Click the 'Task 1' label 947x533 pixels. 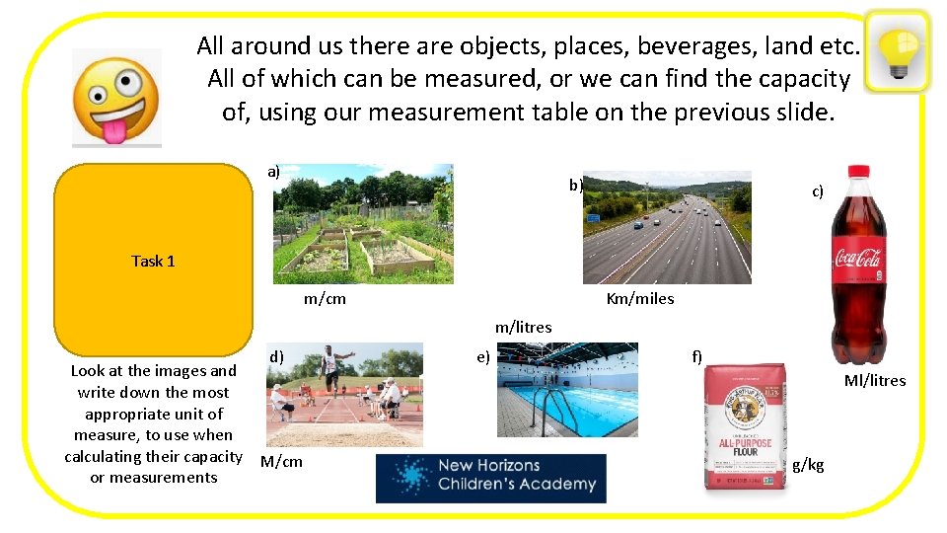[x=153, y=261]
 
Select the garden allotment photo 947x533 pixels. [x=362, y=224]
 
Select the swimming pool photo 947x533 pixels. [x=568, y=390]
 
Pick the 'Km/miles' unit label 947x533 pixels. [x=640, y=298]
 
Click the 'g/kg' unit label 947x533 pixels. [x=808, y=465]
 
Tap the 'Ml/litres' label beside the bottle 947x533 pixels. [x=874, y=380]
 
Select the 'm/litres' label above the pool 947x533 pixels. [x=523, y=327]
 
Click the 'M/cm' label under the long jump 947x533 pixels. [x=281, y=461]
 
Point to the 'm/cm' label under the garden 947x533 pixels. [x=325, y=298]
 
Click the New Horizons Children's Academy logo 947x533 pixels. [x=490, y=478]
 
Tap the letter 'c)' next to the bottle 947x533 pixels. [x=817, y=191]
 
